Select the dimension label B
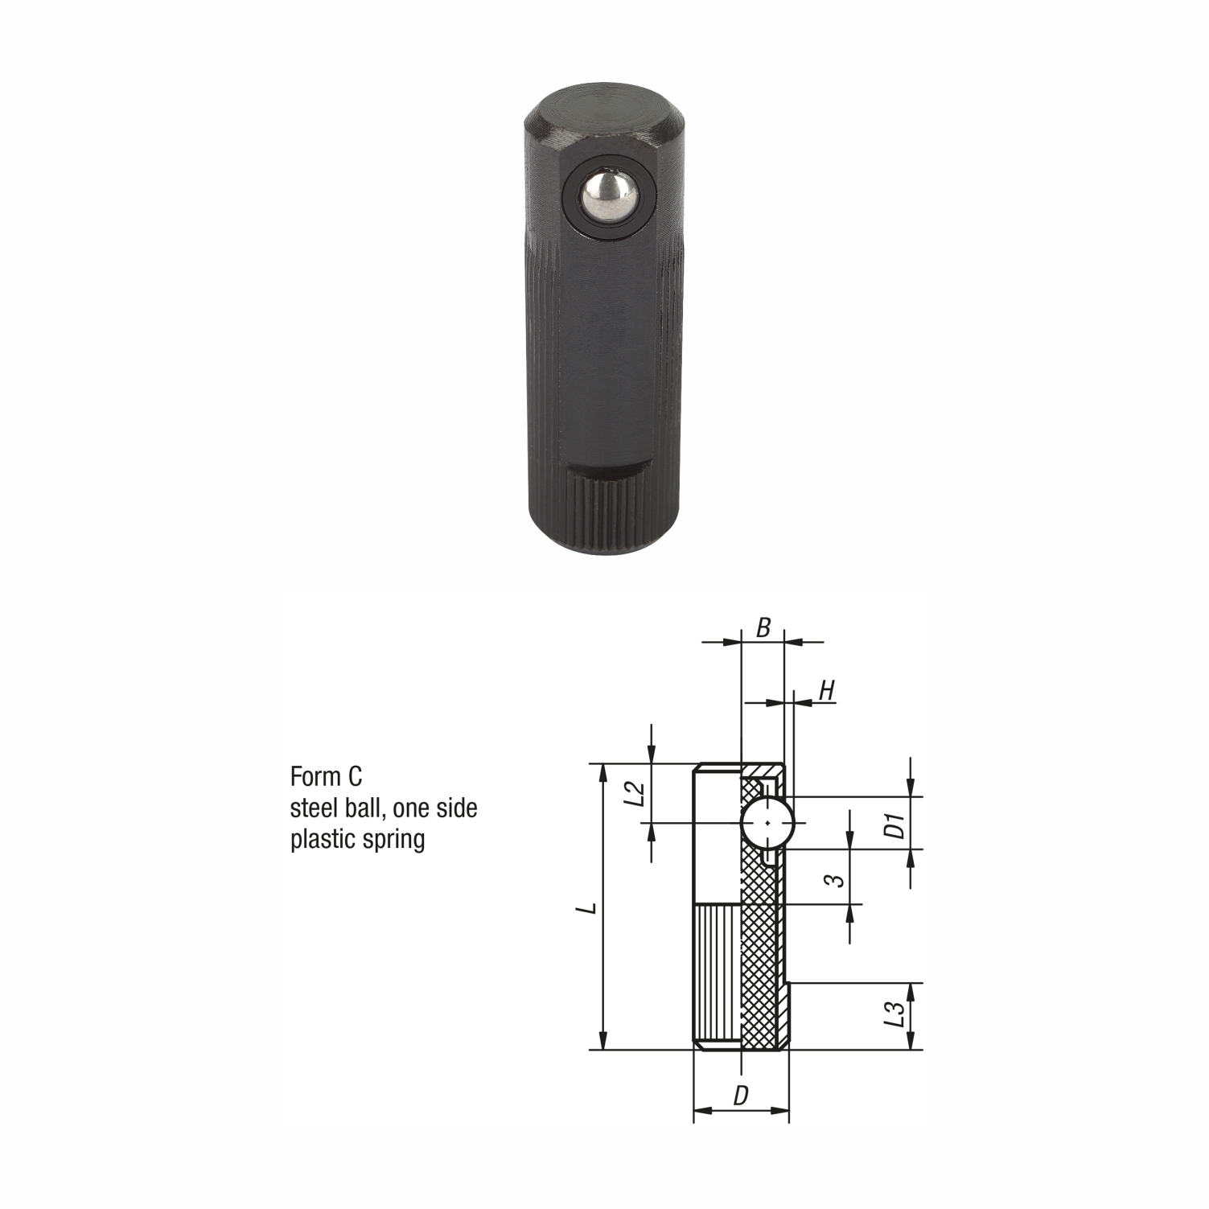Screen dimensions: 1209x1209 pyautogui.click(x=764, y=628)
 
